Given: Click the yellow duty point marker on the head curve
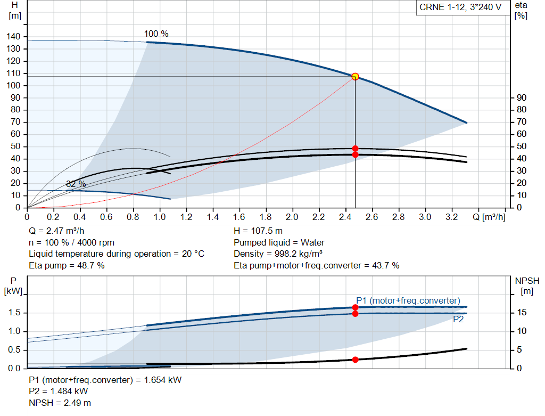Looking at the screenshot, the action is (x=355, y=77).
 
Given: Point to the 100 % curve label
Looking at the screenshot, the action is (x=156, y=34).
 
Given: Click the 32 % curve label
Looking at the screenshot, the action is (x=76, y=184).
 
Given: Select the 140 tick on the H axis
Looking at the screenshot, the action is (x=13, y=37).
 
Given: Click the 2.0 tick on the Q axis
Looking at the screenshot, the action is (x=292, y=217).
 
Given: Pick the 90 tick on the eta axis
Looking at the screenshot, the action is (x=522, y=97).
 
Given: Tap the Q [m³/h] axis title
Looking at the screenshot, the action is (x=489, y=217).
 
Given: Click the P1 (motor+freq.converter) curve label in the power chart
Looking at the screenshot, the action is (x=408, y=300).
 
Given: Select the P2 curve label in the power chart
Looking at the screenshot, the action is (x=458, y=319).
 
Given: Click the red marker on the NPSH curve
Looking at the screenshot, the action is (x=355, y=360).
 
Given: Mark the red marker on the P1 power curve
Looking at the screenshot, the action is (x=355, y=307).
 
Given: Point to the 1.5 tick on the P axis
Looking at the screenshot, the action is (x=14, y=313).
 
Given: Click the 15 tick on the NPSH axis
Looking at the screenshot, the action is (x=522, y=313).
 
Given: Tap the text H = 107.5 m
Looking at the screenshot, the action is (x=258, y=231).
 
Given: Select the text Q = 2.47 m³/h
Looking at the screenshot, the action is (x=56, y=231).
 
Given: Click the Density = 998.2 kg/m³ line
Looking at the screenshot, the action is (x=278, y=254).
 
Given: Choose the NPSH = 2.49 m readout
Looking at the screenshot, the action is (x=60, y=403).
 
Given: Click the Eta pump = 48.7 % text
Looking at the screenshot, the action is (x=67, y=266).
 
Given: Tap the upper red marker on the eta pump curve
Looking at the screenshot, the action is (x=355, y=149).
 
